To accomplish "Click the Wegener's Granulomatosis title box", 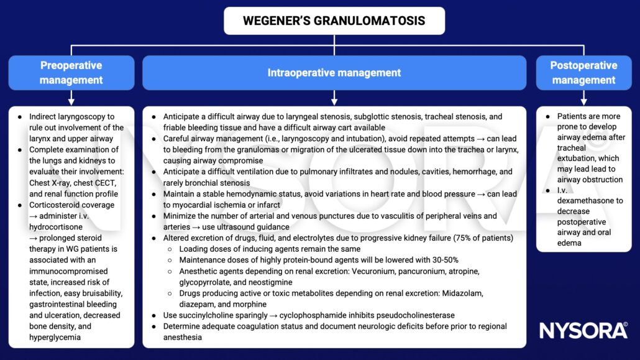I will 334,21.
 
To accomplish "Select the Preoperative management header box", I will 71,73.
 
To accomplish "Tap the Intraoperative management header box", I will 334,73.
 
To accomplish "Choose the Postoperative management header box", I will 583,73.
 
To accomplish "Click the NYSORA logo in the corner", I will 583,330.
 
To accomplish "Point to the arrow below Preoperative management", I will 71,98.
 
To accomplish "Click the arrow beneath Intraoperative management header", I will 334,98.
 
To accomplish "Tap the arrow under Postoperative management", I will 583,98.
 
